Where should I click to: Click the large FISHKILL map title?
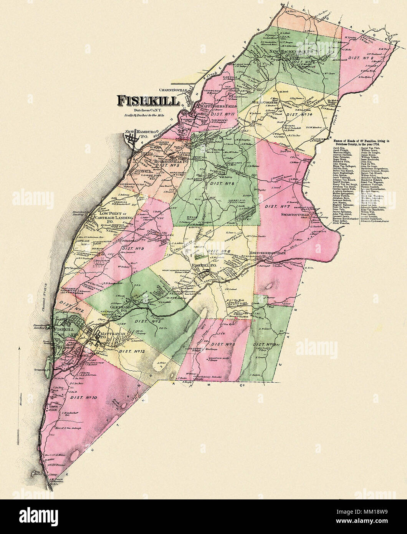pyautogui.click(x=148, y=101)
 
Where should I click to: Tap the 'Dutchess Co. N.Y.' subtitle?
pyautogui.click(x=148, y=110)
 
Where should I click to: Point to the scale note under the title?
pyautogui.click(x=148, y=115)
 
